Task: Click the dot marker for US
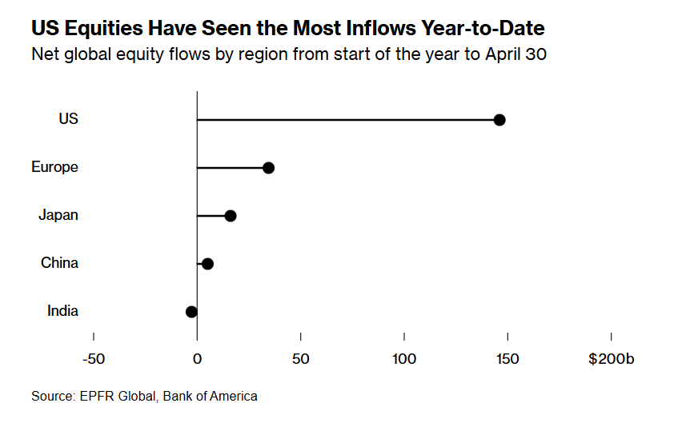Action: click(499, 120)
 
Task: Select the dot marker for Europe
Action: click(268, 168)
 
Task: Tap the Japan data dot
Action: click(231, 216)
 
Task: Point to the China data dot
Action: click(207, 264)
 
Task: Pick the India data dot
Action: click(191, 312)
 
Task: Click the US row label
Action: click(68, 119)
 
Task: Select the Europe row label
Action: click(54, 167)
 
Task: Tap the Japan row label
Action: click(58, 215)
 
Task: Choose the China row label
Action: click(59, 263)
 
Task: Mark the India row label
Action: click(62, 311)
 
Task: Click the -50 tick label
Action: click(94, 359)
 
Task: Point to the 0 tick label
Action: click(197, 359)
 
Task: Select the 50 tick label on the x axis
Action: click(300, 359)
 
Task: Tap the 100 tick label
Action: click(404, 359)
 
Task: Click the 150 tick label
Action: click(507, 359)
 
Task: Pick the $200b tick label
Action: click(612, 359)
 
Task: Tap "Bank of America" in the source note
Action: click(211, 397)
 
